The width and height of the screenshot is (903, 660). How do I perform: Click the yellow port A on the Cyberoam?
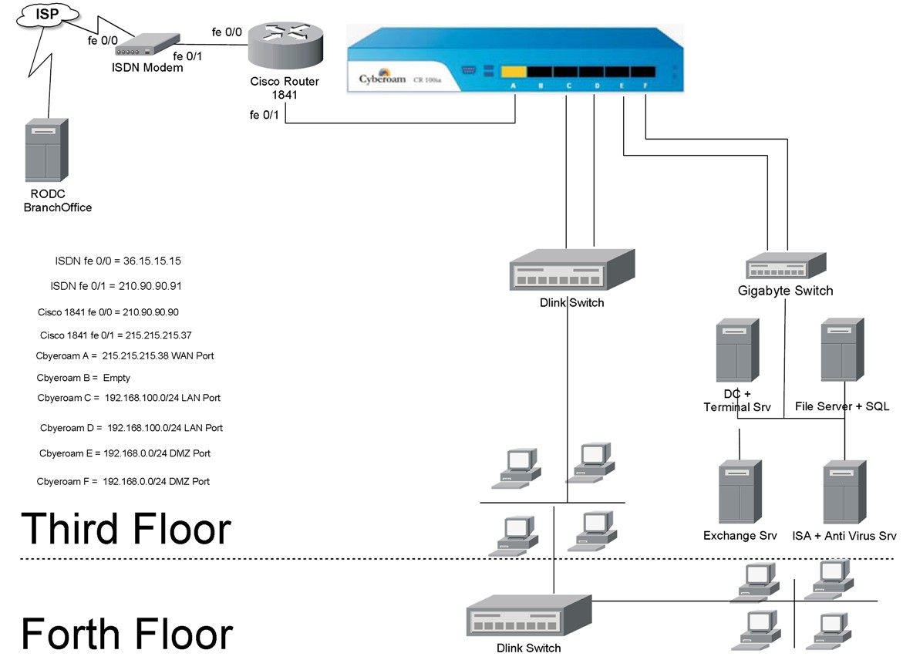514,72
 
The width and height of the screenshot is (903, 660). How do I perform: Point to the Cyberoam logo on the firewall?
382,79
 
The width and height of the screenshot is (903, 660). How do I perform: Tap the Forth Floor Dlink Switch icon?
529,615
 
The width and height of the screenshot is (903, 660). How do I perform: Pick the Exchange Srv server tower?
740,493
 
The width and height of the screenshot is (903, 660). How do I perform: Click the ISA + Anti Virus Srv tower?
844,493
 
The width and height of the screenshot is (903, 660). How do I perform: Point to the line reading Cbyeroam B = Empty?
83,378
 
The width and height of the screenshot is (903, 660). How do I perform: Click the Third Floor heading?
126,529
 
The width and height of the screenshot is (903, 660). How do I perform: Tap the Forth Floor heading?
126,633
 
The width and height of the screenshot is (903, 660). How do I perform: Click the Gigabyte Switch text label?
785,291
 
